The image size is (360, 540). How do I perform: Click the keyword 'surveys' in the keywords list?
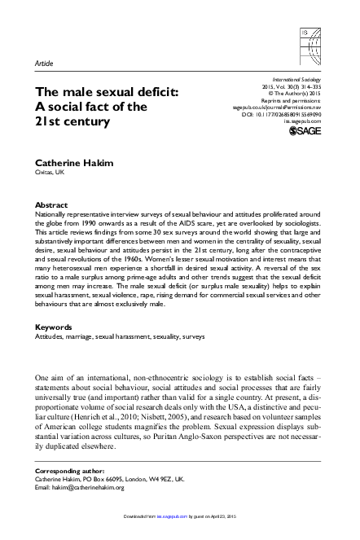click(x=193, y=336)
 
